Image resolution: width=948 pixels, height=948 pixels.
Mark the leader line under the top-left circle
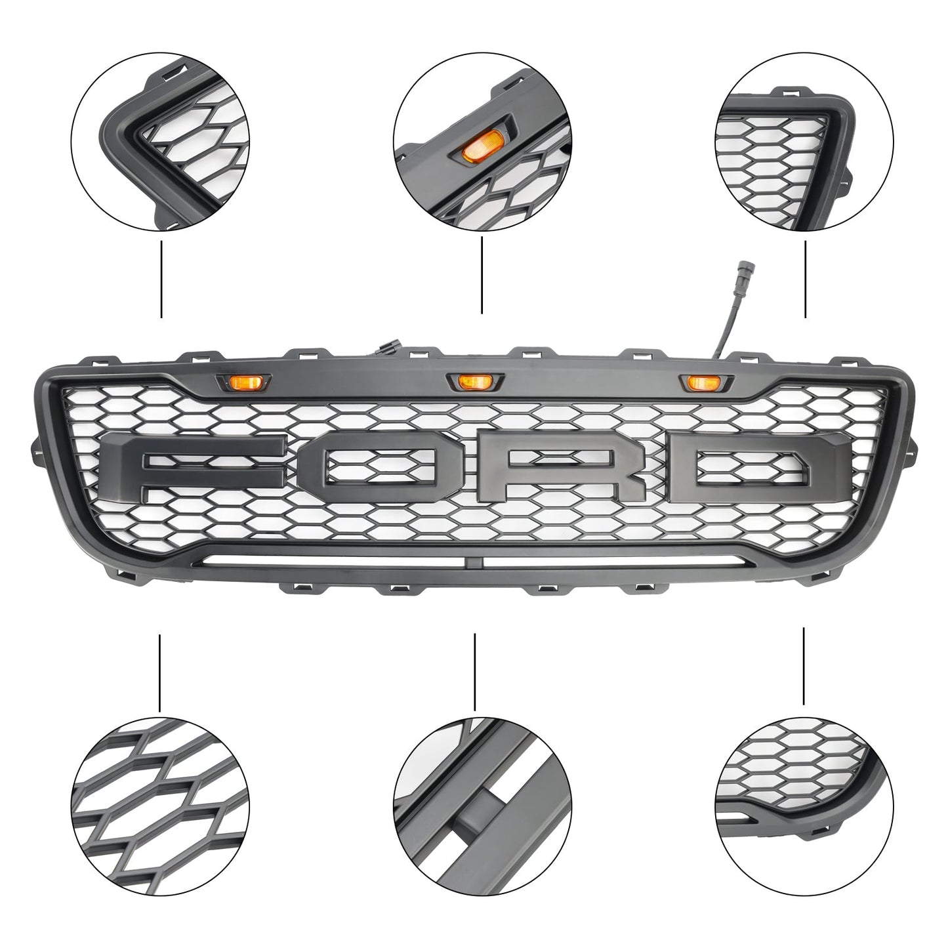161,279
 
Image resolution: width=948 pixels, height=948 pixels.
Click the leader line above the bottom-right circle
804,666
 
